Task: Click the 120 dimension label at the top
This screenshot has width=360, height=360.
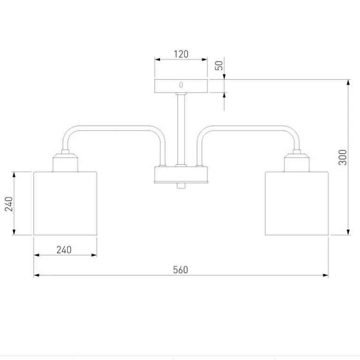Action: point(181,54)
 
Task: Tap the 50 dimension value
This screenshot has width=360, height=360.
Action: point(219,65)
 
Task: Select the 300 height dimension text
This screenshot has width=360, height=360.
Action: point(343,157)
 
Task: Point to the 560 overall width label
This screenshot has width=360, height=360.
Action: point(180,270)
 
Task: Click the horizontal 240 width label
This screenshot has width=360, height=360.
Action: point(64,250)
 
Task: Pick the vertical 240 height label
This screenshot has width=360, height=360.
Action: point(9,204)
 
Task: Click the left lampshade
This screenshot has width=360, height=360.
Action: point(65,203)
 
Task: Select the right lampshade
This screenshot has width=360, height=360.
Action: point(297,203)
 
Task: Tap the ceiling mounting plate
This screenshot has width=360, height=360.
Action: point(181,86)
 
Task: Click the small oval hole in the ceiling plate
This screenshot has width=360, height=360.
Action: point(181,85)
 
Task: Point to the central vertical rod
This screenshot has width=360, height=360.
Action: point(181,129)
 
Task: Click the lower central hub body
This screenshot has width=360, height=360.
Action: point(181,175)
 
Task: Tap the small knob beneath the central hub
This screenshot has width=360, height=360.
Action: point(181,186)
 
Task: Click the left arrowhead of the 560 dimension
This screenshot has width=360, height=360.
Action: point(37,275)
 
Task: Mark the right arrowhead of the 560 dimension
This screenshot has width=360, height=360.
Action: point(326,275)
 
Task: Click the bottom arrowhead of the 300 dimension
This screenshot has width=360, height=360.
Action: point(348,232)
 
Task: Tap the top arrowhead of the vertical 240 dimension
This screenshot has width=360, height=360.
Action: point(14,175)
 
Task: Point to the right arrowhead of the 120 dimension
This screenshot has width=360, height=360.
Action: point(205,60)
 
